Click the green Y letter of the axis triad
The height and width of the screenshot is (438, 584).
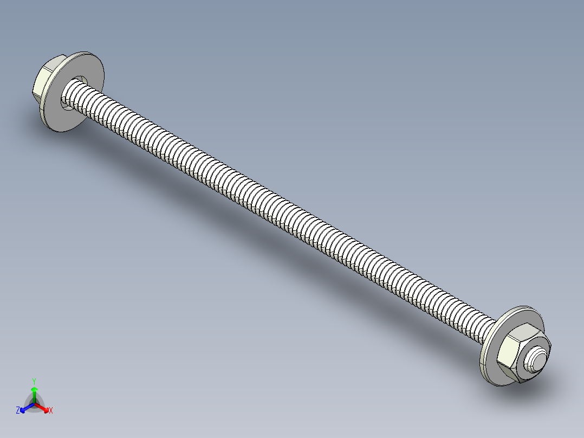click(34, 381)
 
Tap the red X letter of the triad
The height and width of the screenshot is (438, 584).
click(51, 410)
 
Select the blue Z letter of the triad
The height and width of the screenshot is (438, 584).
click(18, 410)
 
